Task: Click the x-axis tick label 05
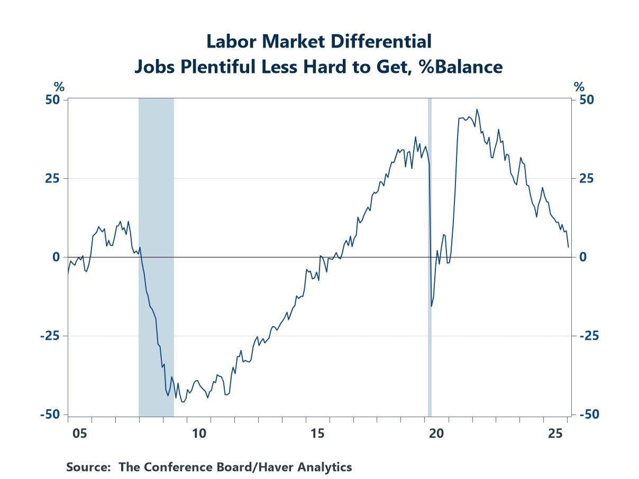tap(80, 434)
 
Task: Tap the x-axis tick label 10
tap(199, 434)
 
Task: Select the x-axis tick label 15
tap(317, 434)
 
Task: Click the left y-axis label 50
tap(53, 100)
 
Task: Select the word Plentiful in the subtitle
tap(197, 67)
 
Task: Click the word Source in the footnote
tap(88, 467)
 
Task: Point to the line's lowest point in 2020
tap(431, 306)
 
